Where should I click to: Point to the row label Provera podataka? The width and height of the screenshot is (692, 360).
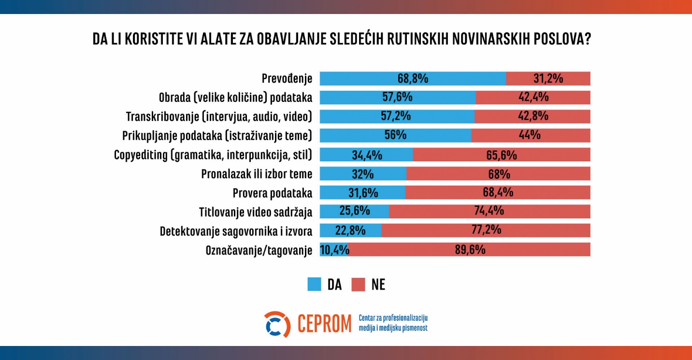273,193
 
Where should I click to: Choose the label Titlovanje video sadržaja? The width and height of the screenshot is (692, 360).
256,212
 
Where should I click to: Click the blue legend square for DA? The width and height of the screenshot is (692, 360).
314,285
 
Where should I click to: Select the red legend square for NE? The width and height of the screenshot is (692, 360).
358,285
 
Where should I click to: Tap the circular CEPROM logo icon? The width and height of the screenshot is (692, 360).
277,324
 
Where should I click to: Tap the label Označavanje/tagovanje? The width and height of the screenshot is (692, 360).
259,250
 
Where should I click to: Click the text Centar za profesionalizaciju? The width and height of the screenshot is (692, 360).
393,318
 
